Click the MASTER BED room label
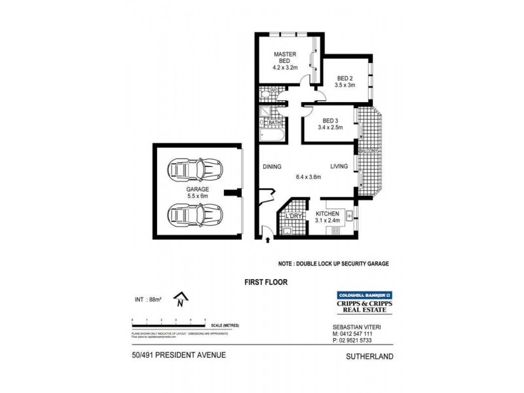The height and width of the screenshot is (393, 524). click(285, 57)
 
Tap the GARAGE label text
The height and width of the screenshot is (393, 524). click(196, 189)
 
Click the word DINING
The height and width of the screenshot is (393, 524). click(272, 167)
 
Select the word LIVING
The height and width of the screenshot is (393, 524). click(338, 167)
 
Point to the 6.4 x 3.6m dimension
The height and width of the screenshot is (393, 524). click(309, 177)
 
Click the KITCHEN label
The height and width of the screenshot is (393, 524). click(327, 214)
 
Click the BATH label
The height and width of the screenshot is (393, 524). click(274, 122)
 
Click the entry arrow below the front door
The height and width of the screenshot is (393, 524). click(268, 240)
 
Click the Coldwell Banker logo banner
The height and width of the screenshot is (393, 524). click(363, 295)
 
